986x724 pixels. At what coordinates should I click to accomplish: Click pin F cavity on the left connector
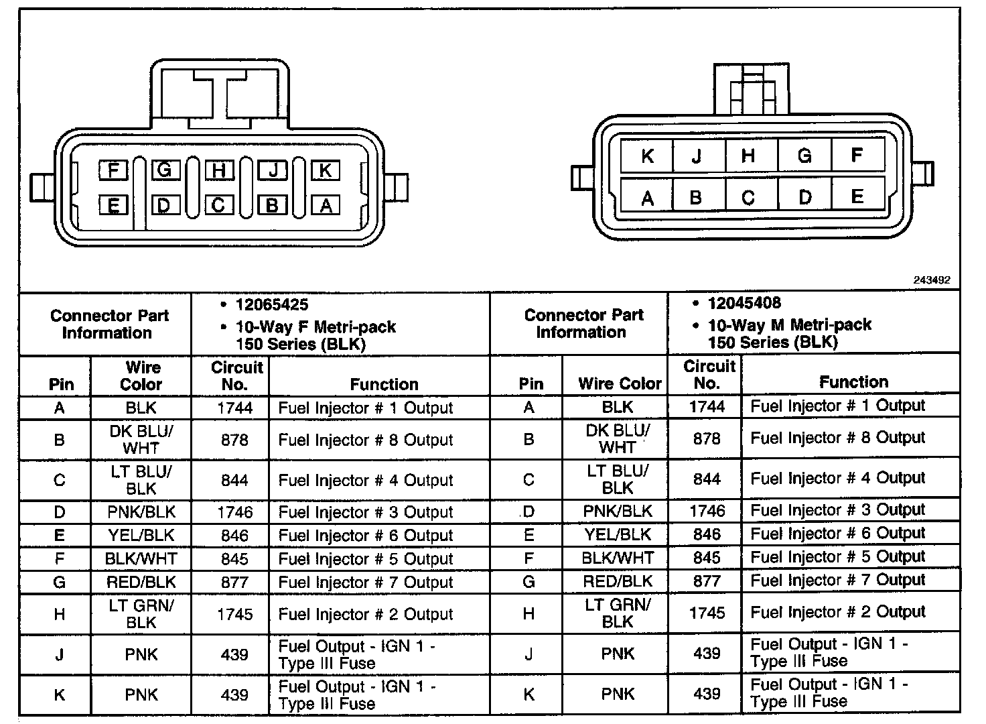pos(113,170)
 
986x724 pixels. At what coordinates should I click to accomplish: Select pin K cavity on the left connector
pos(326,170)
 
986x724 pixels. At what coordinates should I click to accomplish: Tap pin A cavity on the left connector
pos(326,205)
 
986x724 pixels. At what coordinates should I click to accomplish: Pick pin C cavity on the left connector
pos(218,205)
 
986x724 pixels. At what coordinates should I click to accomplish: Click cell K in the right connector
pos(647,156)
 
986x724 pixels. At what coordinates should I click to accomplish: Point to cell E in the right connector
pos(857,196)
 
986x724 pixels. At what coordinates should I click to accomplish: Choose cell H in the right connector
pos(749,156)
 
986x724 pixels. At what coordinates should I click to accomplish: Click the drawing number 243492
pos(932,280)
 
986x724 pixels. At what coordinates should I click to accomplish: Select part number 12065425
pos(272,305)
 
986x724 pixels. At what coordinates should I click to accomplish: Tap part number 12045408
pos(744,303)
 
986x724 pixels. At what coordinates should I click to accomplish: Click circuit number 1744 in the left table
pos(234,408)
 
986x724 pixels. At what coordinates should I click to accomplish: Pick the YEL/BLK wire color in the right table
pos(617,534)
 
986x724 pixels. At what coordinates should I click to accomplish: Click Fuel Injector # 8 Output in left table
pos(366,440)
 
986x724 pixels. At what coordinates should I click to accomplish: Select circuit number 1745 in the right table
pos(707,613)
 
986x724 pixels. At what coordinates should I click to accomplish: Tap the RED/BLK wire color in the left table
pos(141,583)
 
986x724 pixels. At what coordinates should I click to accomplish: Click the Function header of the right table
pos(853,382)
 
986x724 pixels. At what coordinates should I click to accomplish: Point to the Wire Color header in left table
pos(141,376)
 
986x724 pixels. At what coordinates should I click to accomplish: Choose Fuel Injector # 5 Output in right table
pos(837,557)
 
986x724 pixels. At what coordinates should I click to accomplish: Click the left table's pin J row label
pos(60,655)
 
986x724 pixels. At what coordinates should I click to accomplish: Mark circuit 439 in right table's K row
pos(707,693)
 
